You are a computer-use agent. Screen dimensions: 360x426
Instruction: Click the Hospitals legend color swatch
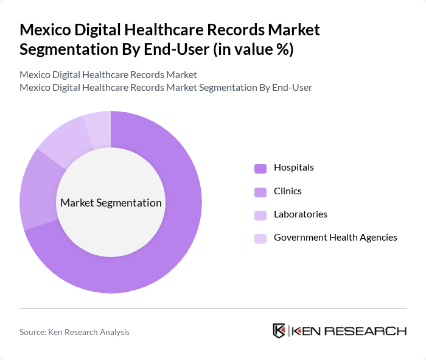pyautogui.click(x=260, y=168)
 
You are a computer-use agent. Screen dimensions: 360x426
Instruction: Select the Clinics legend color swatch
pyautogui.click(x=260, y=192)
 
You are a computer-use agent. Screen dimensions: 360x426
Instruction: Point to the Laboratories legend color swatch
pyautogui.click(x=260, y=215)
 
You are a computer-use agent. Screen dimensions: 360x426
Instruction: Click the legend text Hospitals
pyautogui.click(x=293, y=168)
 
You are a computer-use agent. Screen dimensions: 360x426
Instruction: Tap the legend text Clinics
pyautogui.click(x=287, y=191)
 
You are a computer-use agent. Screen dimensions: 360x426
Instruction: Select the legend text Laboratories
pyautogui.click(x=300, y=214)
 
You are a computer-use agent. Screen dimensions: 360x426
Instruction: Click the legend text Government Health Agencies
pyautogui.click(x=335, y=238)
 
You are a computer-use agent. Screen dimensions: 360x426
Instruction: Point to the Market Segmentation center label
pyautogui.click(x=111, y=203)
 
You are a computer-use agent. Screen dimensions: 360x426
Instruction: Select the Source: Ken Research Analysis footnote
pyautogui.click(x=74, y=332)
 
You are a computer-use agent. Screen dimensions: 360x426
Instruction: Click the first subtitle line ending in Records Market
pyautogui.click(x=108, y=75)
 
